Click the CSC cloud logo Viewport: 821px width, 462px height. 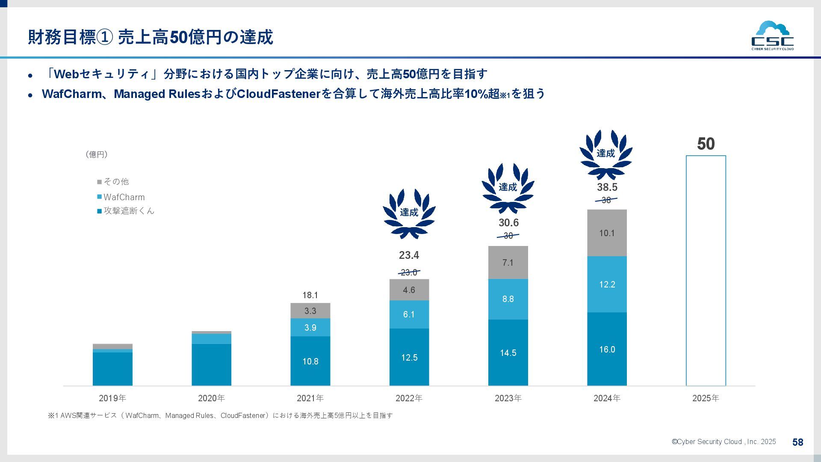[x=772, y=36]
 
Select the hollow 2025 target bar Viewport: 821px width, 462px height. [x=706, y=270]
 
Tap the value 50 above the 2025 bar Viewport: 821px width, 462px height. [x=706, y=144]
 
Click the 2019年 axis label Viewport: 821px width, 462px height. [x=112, y=398]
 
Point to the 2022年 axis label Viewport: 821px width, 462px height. [x=409, y=398]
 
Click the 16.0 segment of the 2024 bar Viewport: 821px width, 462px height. [x=607, y=349]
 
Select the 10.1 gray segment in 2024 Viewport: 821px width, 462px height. [x=607, y=233]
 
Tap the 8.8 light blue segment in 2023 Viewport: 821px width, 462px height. [x=508, y=299]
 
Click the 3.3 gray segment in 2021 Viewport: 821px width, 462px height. [x=310, y=311]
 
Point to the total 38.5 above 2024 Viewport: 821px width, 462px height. [x=607, y=187]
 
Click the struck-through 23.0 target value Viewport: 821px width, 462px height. [x=409, y=272]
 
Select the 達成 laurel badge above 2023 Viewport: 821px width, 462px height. [x=508, y=188]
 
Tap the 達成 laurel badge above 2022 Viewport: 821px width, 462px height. [x=409, y=213]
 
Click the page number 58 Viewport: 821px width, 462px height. [x=797, y=442]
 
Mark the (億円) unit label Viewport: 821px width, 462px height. [x=97, y=154]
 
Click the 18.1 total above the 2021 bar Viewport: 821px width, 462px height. [x=310, y=295]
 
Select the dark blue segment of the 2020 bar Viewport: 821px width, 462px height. [x=211, y=364]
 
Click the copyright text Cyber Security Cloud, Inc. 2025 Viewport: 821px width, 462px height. [x=724, y=442]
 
